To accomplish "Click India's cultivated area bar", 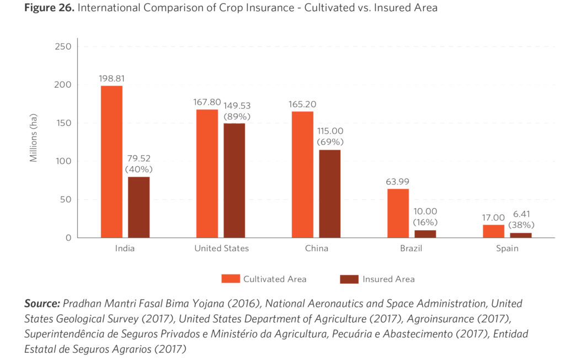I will [111, 162].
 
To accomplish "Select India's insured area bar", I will [138, 207].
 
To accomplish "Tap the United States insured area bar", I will [234, 181].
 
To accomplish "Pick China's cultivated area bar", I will [302, 174].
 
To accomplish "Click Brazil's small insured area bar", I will [425, 234].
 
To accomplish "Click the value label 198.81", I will [111, 78].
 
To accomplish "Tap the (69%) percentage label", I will [330, 142].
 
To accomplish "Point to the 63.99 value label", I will [397, 182].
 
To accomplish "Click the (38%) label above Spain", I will [520, 225].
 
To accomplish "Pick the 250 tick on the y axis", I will [63, 46].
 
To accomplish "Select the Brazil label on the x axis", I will [411, 248].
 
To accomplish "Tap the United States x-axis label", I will [221, 248].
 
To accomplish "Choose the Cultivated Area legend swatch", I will [230, 279].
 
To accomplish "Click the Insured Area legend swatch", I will [349, 279].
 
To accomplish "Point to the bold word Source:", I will [42, 304].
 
